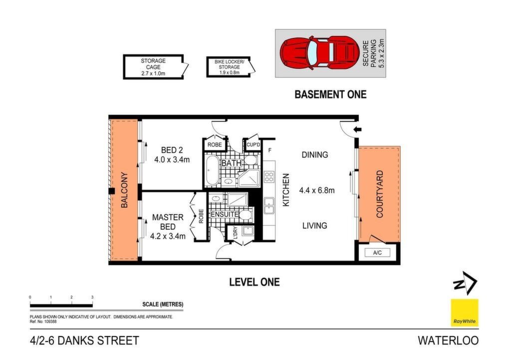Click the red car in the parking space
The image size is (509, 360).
coord(319,53)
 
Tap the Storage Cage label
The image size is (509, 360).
coord(153,67)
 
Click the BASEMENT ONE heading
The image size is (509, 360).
coord(330,94)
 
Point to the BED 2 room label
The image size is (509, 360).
coord(172,155)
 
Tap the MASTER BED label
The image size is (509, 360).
coord(168,227)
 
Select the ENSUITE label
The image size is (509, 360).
coord(225,214)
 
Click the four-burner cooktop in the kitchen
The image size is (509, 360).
coord(269,177)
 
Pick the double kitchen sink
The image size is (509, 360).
coord(269,206)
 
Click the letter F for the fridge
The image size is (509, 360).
coord(270,150)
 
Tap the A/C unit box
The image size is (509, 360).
coord(377,253)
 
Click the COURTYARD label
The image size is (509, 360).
coord(379,194)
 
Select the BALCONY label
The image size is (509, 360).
coord(124,190)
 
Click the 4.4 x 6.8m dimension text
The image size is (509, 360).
coord(316,190)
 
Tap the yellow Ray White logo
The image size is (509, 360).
coord(465,312)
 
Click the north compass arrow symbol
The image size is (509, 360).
coord(465,283)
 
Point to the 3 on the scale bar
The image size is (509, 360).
coord(92,297)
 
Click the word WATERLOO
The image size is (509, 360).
coord(448,341)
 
